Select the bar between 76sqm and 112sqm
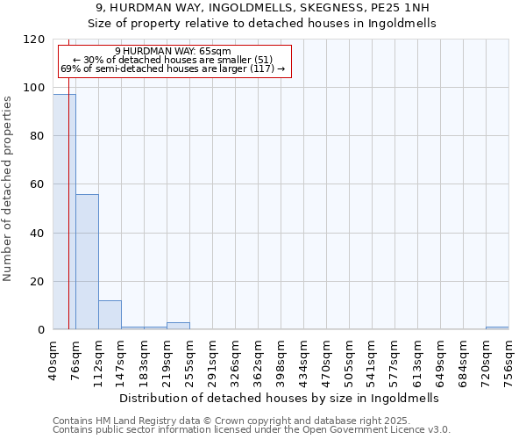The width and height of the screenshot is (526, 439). [87, 262]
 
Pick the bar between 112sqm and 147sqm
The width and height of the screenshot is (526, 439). [110, 315]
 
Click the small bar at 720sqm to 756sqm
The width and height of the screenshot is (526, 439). [497, 328]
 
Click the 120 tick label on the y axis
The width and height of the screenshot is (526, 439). [35, 40]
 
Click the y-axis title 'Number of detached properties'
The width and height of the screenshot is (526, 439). [8, 188]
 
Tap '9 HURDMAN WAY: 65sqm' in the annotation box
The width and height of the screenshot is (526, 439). [173, 52]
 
